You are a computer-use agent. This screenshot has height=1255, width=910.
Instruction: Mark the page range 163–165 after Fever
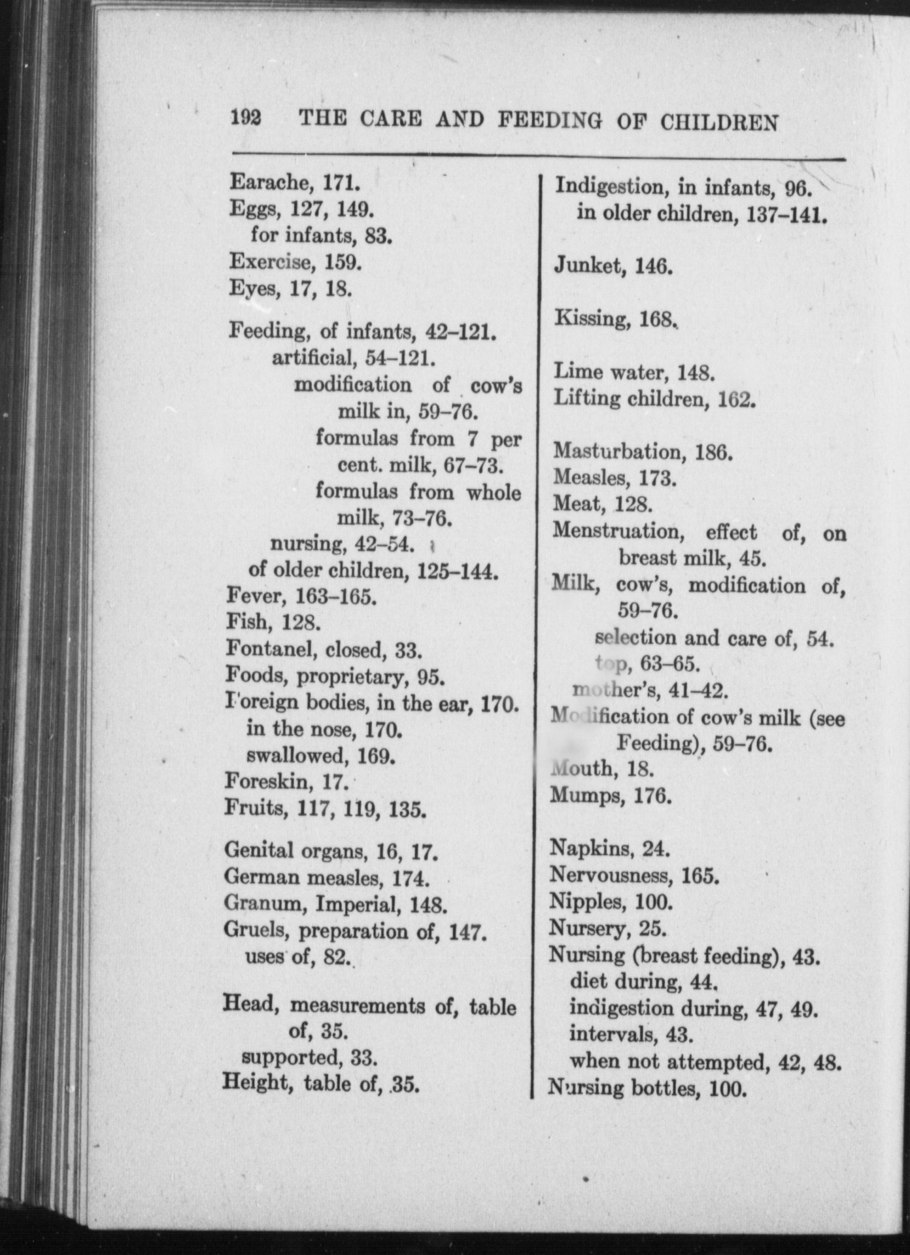pos(336,596)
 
